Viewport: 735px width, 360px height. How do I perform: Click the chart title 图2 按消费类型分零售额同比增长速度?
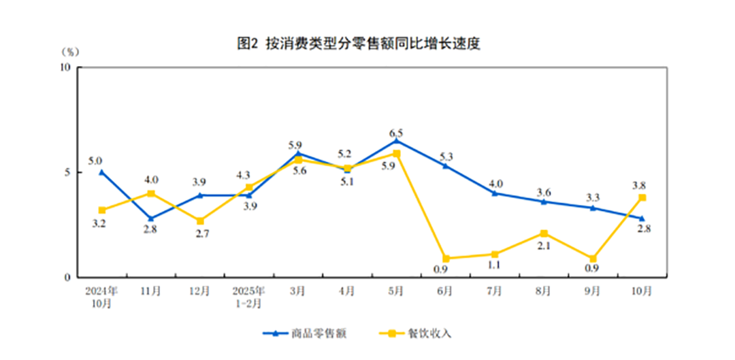pyautogui.click(x=368, y=44)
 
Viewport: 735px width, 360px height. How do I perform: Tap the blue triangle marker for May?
pyautogui.click(x=396, y=141)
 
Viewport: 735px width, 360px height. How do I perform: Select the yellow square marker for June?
pyautogui.click(x=445, y=259)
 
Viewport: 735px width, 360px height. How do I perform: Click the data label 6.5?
pyautogui.click(x=396, y=133)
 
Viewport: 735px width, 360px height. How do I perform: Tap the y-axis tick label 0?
pyautogui.click(x=69, y=278)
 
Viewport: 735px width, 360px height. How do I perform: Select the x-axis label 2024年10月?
pyautogui.click(x=101, y=296)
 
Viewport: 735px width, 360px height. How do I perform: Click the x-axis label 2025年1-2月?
pyautogui.click(x=249, y=296)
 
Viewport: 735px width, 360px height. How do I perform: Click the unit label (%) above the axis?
pyautogui.click(x=70, y=52)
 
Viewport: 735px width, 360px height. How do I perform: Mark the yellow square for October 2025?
pyautogui.click(x=641, y=197)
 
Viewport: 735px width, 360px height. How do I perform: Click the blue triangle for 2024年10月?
pyautogui.click(x=102, y=172)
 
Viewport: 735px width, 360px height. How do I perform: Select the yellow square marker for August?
pyautogui.click(x=543, y=233)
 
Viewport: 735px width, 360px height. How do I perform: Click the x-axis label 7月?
pyautogui.click(x=494, y=291)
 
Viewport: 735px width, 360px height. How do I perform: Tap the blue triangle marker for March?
pyautogui.click(x=298, y=153)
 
